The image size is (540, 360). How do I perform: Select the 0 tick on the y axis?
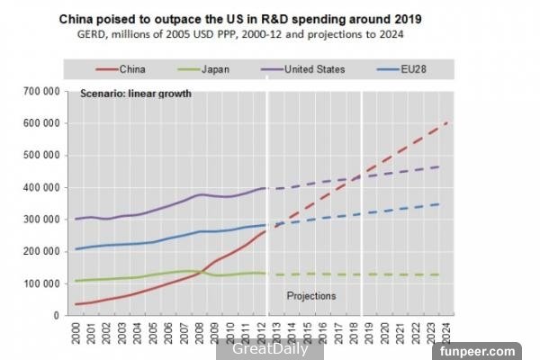pyautogui.click(x=56, y=316)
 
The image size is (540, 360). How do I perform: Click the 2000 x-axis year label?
pyautogui.click(x=77, y=335)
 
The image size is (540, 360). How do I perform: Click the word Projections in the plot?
pyautogui.click(x=311, y=295)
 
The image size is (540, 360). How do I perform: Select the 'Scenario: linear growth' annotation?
pyautogui.click(x=136, y=94)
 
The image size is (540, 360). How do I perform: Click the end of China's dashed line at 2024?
pyautogui.click(x=447, y=122)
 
